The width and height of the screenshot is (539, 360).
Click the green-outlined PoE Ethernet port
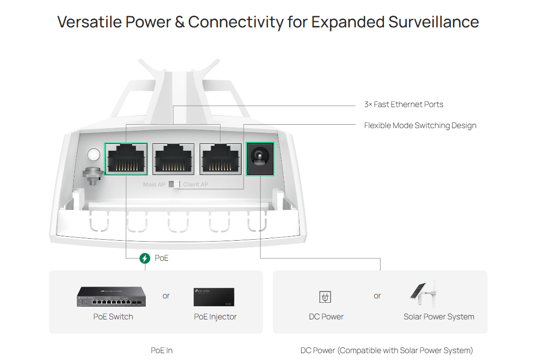(126, 158)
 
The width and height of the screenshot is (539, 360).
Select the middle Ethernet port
(173, 158)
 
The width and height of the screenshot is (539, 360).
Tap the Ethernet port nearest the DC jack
(220, 158)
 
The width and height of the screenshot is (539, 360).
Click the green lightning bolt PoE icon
(145, 258)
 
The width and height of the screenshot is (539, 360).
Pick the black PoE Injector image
(214, 297)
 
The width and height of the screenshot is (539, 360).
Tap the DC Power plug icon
(325, 296)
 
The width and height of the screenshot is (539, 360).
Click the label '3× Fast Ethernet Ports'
(404, 104)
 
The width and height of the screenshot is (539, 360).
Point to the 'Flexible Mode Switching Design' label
(420, 126)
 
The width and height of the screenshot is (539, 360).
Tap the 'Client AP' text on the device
(196, 185)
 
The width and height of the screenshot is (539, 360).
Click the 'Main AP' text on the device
(154, 185)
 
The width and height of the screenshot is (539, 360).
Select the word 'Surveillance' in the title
(433, 22)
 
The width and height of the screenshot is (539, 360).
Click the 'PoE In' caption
(161, 350)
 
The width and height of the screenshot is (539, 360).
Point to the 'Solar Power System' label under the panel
(439, 316)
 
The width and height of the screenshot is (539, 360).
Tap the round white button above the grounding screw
(93, 155)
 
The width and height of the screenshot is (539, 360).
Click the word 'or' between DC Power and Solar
(377, 296)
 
